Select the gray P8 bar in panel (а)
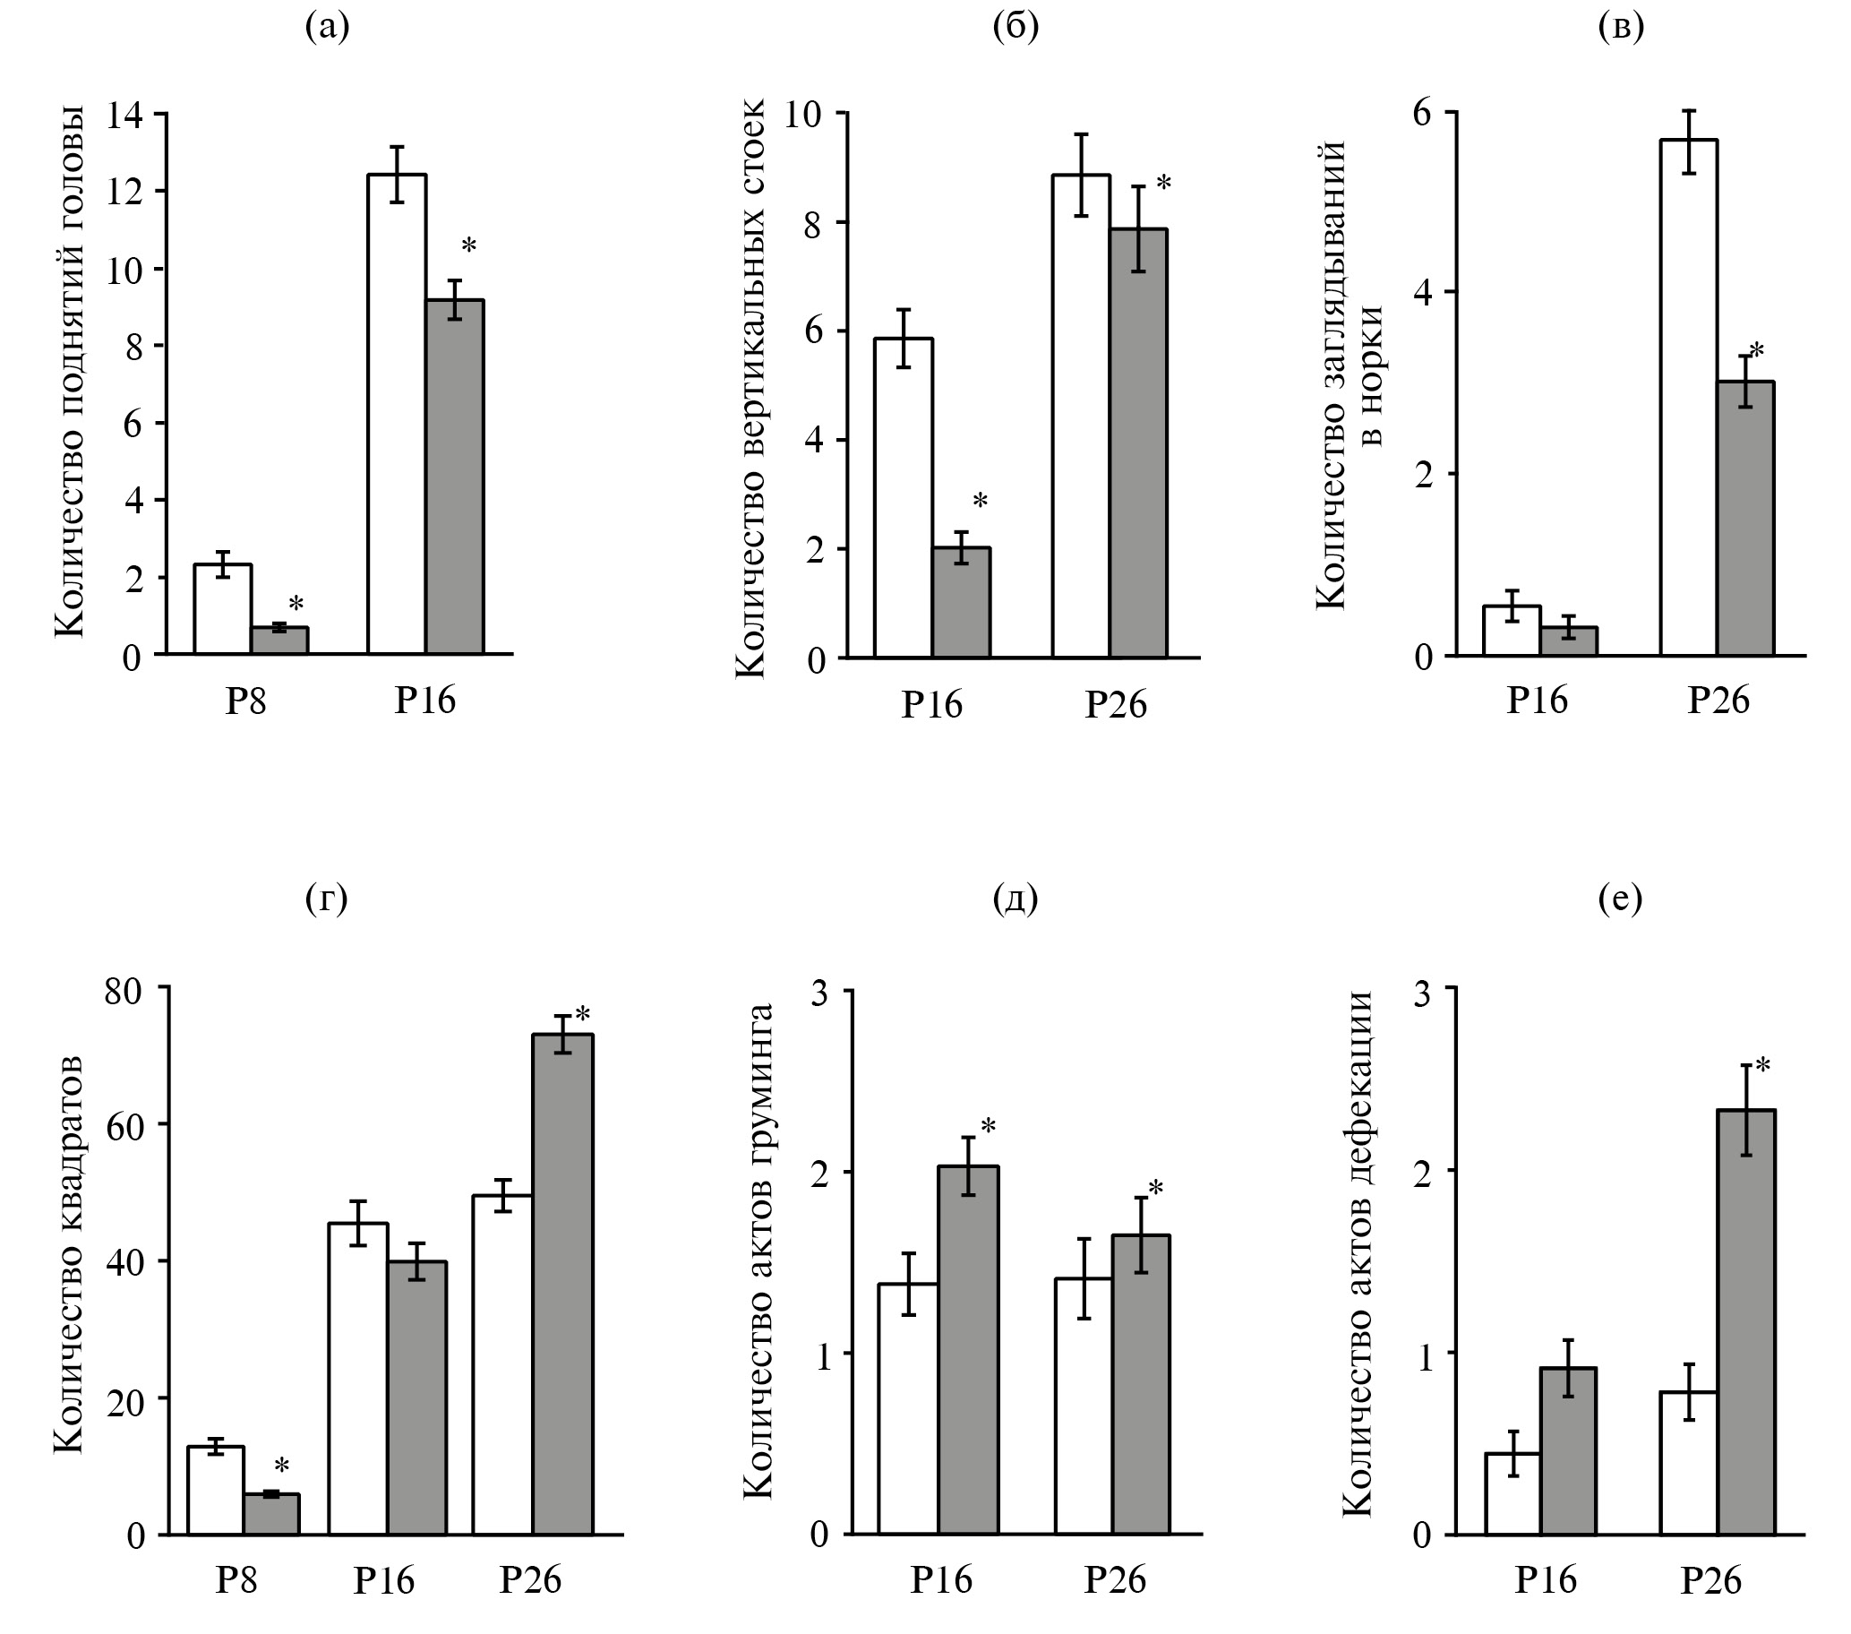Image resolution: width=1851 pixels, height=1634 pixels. coord(279,641)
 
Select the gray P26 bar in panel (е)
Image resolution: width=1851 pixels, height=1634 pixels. coord(1747,1321)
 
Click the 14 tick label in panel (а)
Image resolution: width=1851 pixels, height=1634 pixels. coord(124,115)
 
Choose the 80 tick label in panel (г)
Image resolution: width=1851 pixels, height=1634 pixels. coord(124,991)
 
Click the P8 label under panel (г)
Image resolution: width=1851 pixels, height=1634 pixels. coord(236,1580)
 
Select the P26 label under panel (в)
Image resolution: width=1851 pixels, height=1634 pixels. coord(1718,701)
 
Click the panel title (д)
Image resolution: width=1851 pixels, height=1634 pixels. coord(1015,898)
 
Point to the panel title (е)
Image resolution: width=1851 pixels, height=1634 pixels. coord(1620,898)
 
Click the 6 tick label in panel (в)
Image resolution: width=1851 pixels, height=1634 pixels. coord(1422,112)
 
